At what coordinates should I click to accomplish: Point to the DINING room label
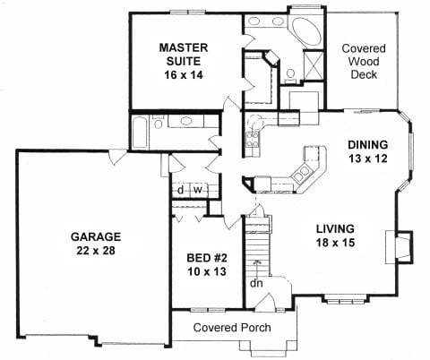coord(367,144)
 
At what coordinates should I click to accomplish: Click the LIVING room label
coord(334,227)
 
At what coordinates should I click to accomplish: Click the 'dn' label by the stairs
coord(256,285)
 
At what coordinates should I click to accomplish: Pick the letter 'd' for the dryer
coord(180,190)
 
